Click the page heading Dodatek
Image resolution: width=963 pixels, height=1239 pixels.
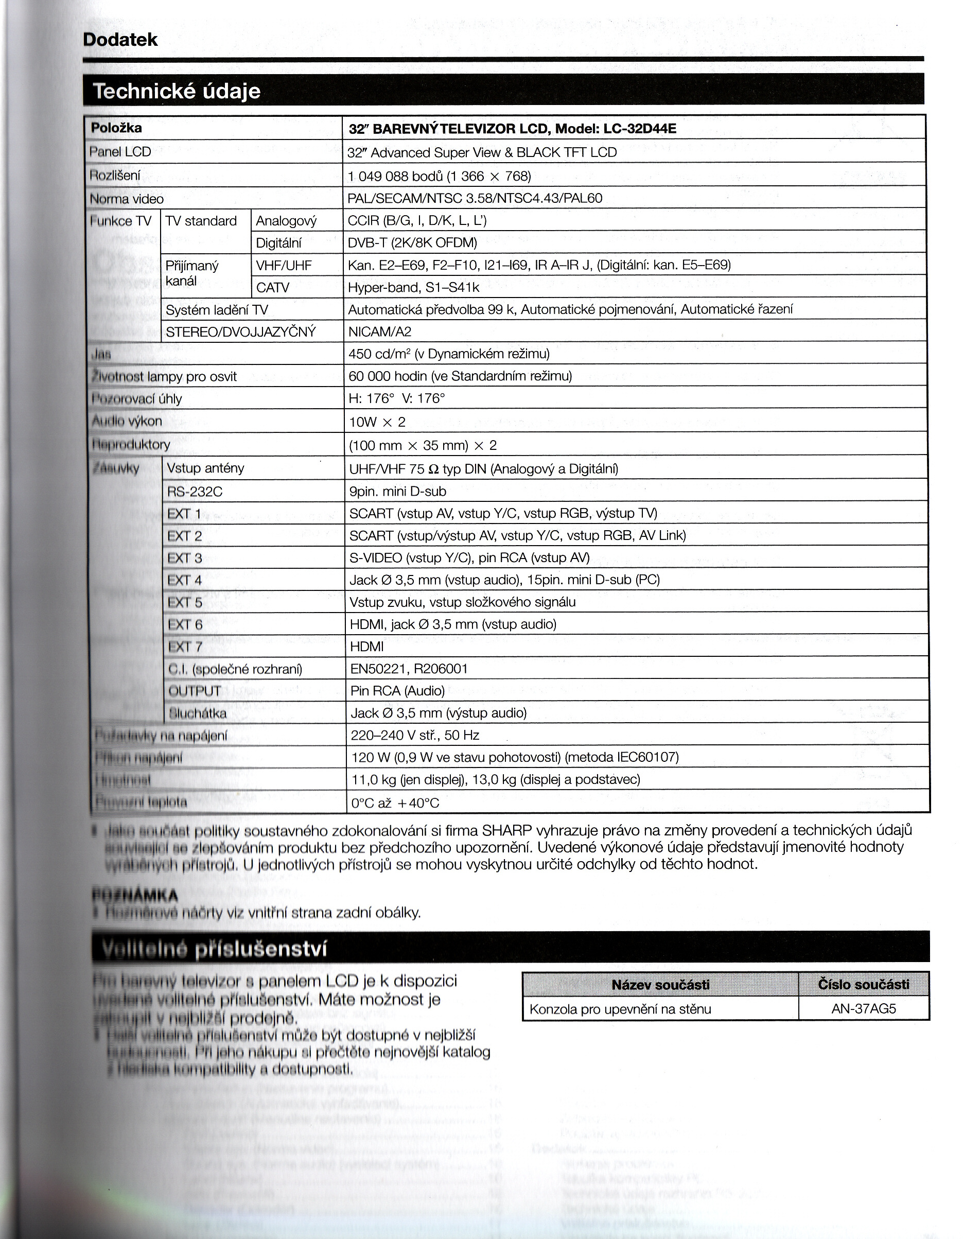point(120,40)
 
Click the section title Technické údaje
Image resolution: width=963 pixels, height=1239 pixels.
point(177,91)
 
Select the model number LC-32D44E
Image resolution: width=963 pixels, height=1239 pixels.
point(640,129)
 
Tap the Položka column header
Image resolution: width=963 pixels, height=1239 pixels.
point(116,128)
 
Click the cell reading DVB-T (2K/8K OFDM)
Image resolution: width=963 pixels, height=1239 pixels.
point(412,243)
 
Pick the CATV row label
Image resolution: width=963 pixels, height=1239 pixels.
point(273,288)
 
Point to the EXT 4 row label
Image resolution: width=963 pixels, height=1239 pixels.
point(185,580)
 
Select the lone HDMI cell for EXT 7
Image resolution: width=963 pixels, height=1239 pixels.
point(367,647)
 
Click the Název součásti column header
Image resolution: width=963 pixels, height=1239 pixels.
point(660,985)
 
